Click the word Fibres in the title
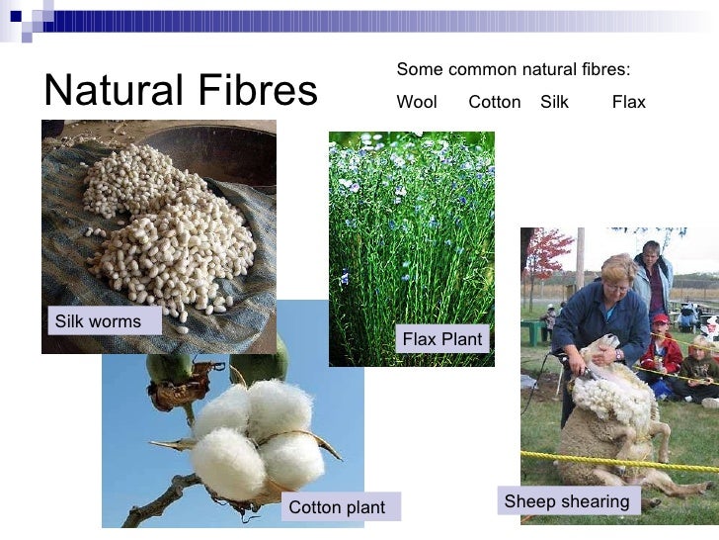click(253, 90)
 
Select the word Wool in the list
click(416, 102)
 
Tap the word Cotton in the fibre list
click(494, 102)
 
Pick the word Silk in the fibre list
click(554, 102)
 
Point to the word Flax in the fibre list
click(628, 102)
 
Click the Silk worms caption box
click(98, 321)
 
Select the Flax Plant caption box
click(442, 339)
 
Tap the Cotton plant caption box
click(337, 508)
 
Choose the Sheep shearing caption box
click(566, 501)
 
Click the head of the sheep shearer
click(617, 273)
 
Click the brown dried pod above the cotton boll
click(184, 381)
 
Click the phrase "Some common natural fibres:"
click(513, 69)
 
